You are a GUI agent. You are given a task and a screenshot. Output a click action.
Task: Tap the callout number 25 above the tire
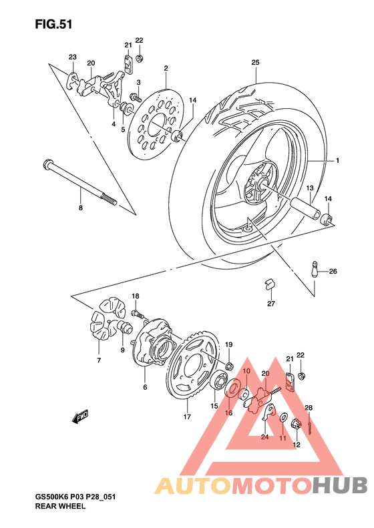[x=255, y=63]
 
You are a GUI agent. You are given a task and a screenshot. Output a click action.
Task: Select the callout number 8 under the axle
[x=80, y=208]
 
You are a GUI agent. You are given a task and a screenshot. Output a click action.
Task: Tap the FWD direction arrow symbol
[x=81, y=417]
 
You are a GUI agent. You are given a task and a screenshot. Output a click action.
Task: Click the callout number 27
[x=271, y=304]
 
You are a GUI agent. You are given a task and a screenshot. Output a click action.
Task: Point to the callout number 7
[x=98, y=360]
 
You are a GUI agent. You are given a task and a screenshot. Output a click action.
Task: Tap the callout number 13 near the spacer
[x=310, y=189]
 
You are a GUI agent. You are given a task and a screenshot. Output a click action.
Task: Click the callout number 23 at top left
[x=72, y=57]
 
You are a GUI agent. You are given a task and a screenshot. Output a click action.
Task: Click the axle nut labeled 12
[x=295, y=424]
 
